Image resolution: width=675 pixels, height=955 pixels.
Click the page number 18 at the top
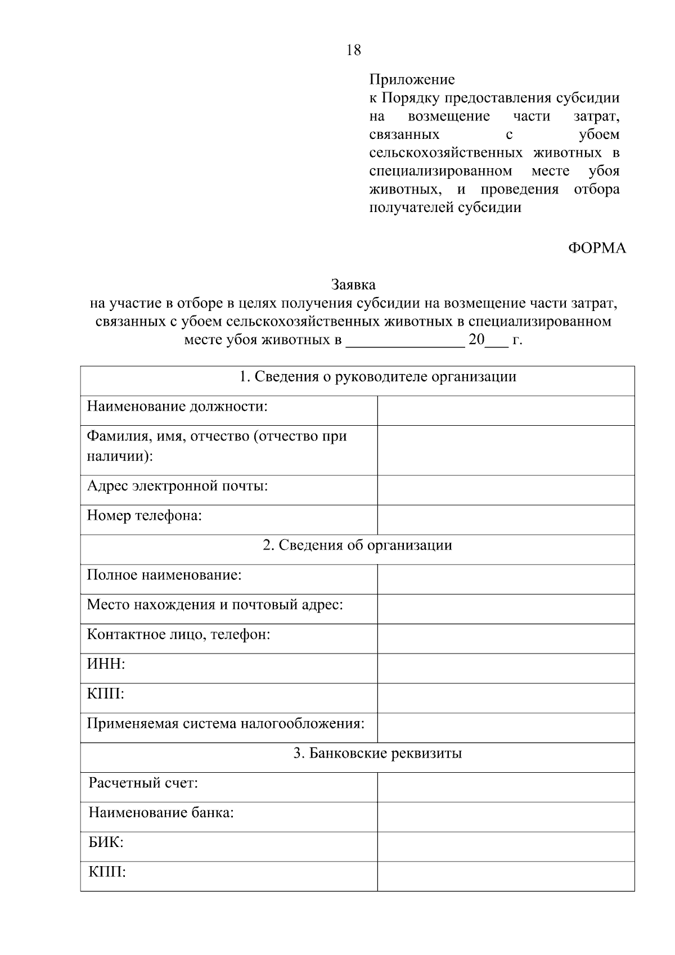tap(353, 50)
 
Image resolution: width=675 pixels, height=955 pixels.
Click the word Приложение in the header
tap(412, 80)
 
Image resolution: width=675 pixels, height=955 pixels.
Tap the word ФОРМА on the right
tap(597, 248)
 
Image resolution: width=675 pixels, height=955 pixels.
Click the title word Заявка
tap(353, 285)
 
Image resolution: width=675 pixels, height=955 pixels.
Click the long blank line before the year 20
tap(405, 341)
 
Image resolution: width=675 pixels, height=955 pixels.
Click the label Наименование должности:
tap(177, 406)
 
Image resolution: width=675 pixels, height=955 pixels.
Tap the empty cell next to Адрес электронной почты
tap(505, 490)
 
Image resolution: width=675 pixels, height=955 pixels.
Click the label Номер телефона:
tap(144, 515)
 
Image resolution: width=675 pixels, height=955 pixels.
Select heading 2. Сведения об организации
tap(357, 545)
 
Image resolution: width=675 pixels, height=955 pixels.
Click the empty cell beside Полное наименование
tap(505, 579)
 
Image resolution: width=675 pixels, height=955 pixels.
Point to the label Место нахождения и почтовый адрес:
tap(215, 605)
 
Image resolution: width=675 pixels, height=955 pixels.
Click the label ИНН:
tap(106, 664)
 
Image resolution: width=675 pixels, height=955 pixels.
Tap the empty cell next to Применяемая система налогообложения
tap(505, 727)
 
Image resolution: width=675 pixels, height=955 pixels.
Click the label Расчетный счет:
tap(143, 783)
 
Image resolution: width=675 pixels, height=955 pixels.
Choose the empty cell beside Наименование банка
tap(505, 817)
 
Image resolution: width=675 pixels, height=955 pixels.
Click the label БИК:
tap(106, 843)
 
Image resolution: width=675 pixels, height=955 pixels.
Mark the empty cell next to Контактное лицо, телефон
tap(505, 638)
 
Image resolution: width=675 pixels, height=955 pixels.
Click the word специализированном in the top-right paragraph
tap(440, 171)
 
